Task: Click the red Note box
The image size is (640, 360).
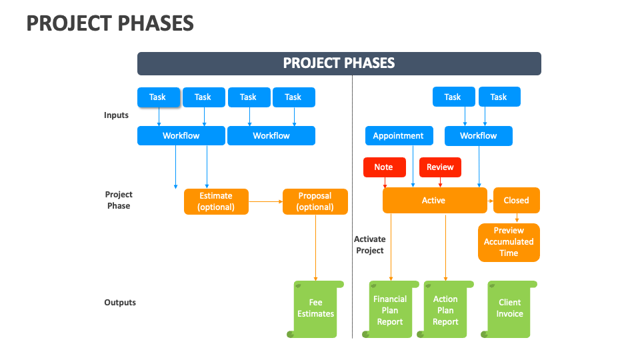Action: tap(383, 167)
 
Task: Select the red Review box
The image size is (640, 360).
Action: tap(440, 167)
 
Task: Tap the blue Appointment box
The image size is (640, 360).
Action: tap(399, 136)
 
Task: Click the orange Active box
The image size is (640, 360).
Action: tap(434, 200)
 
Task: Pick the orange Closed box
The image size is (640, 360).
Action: tap(516, 200)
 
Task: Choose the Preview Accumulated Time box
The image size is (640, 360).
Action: tap(509, 242)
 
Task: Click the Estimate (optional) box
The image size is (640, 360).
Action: tap(216, 201)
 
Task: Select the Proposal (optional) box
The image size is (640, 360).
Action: tap(315, 201)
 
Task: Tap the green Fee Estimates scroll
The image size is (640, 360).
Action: tap(316, 309)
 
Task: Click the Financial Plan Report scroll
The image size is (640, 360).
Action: tap(390, 310)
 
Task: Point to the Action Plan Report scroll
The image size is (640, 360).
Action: tap(445, 310)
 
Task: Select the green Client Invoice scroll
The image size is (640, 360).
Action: tap(510, 309)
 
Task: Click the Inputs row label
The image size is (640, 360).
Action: tap(116, 115)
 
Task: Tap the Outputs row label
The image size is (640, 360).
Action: tap(120, 303)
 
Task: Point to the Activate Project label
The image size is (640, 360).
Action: tap(369, 245)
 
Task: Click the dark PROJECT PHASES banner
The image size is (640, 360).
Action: tap(339, 63)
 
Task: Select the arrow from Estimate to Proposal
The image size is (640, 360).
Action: tap(265, 201)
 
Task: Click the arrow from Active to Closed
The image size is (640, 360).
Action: tap(490, 200)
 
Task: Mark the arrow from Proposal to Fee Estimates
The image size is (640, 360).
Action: tap(315, 247)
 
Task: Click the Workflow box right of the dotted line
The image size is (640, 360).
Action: tap(478, 136)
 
